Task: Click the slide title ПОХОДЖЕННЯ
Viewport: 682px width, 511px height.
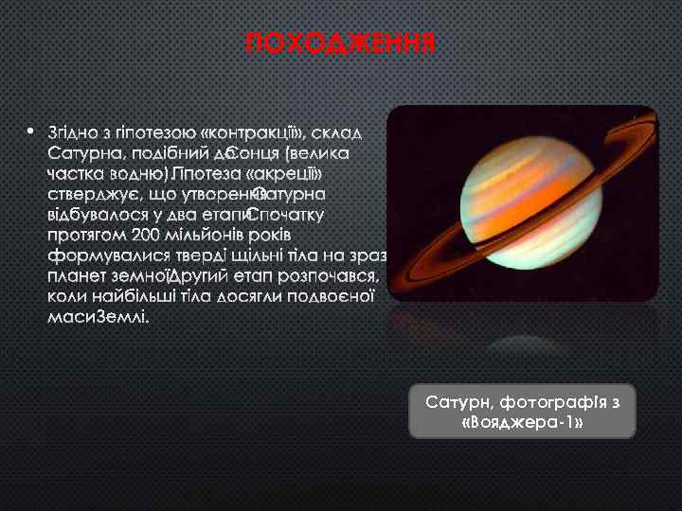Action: pos(340,44)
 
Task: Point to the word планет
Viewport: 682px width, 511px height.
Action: pos(76,276)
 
